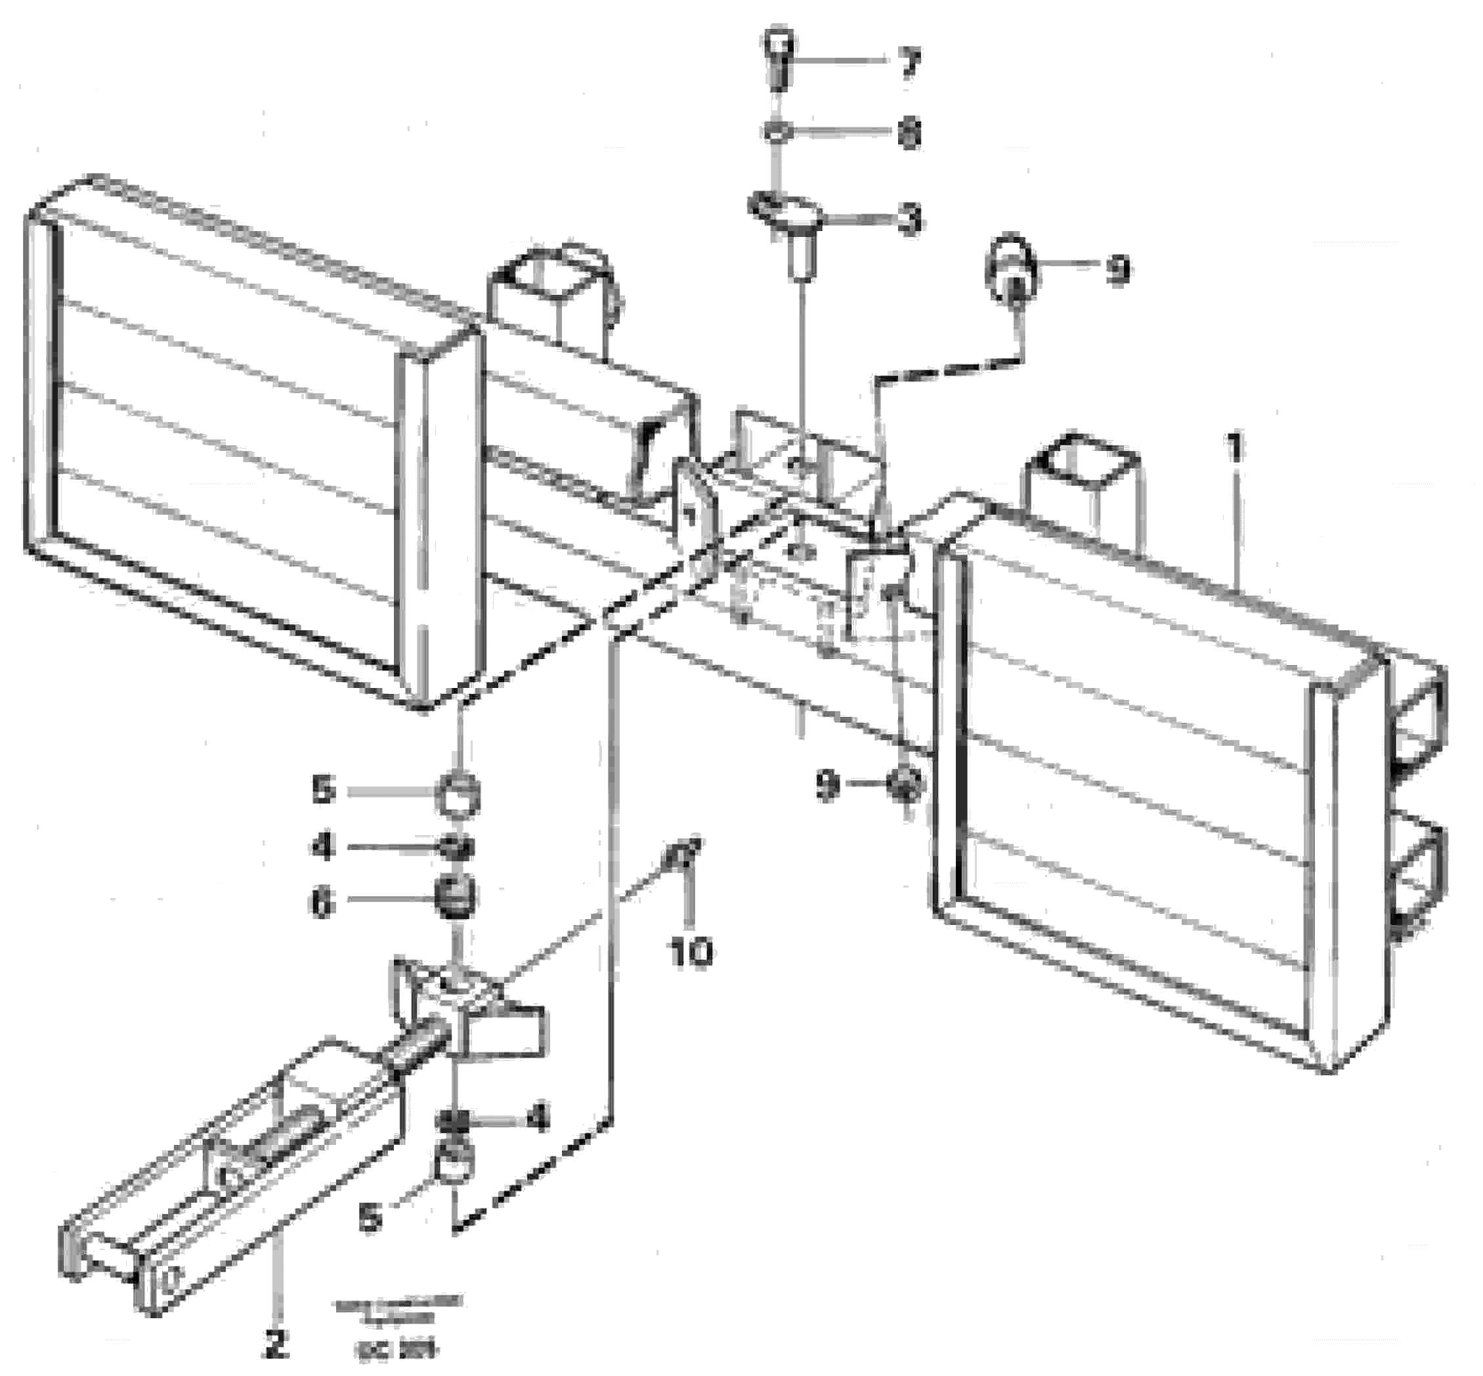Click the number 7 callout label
point(909,64)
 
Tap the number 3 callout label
point(909,221)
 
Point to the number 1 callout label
point(1234,449)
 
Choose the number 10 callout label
point(690,953)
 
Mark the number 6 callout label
point(322,904)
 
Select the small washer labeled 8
point(776,133)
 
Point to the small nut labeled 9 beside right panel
point(904,783)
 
